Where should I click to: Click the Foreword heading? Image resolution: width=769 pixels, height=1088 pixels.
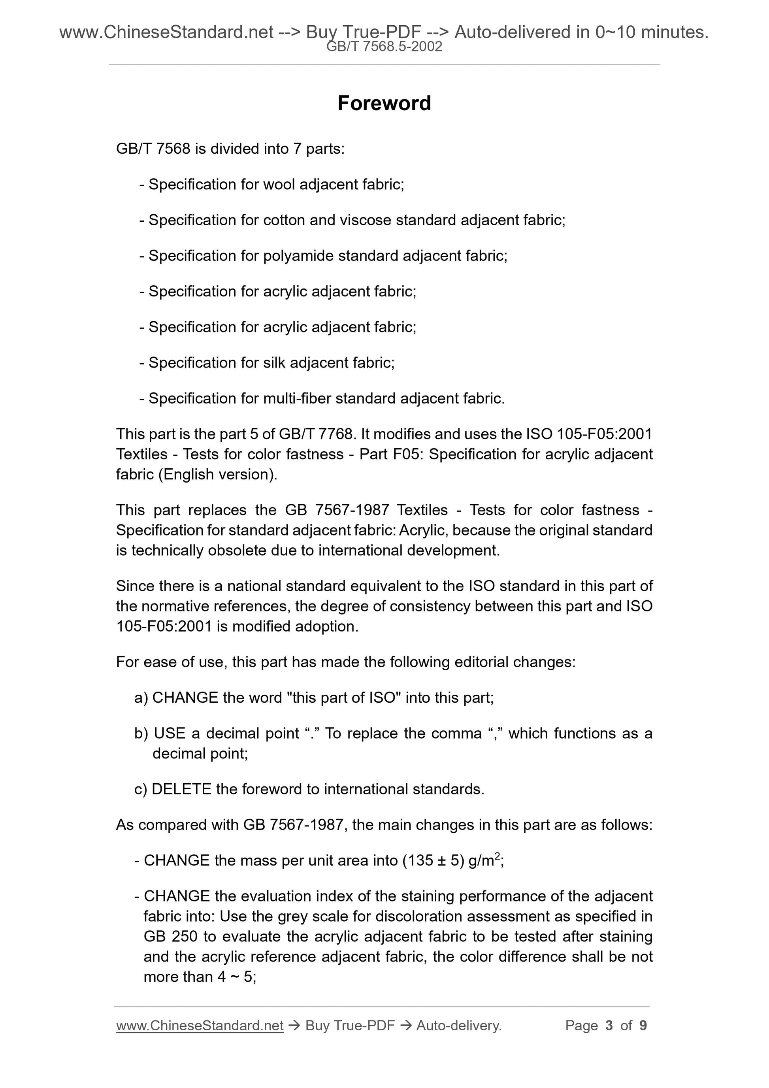(x=384, y=103)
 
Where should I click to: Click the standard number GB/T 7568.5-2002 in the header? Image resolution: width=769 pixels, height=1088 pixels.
(x=384, y=47)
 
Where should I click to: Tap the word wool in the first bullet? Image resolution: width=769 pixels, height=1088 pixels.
(x=279, y=184)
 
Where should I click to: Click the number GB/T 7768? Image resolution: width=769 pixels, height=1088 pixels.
(x=316, y=434)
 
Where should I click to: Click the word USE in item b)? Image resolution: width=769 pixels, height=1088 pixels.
(x=170, y=733)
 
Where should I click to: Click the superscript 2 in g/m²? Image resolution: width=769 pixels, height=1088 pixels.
(x=497, y=855)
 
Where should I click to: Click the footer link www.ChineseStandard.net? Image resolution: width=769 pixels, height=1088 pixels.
(x=200, y=1026)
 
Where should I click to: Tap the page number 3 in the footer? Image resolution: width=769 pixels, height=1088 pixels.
(x=609, y=1026)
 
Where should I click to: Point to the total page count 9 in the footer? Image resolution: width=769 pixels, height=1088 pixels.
(x=643, y=1026)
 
